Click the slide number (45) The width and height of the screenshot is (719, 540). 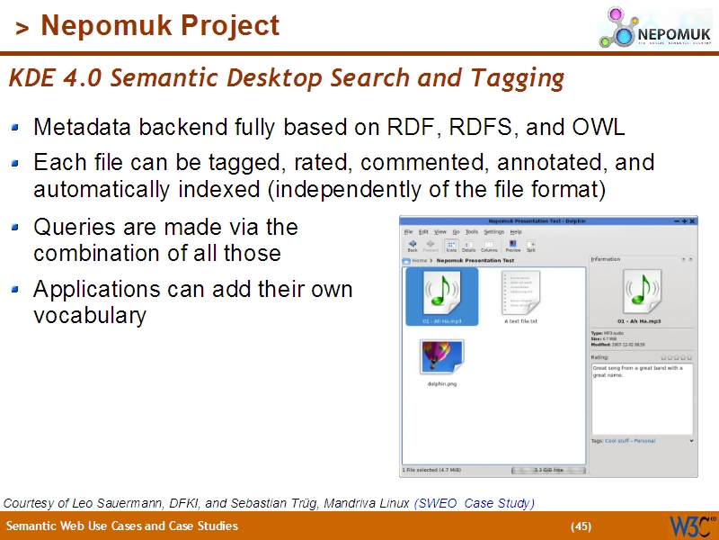pos(581,526)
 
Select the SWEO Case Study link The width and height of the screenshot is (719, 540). pos(475,503)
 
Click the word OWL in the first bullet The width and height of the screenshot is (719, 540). pos(598,127)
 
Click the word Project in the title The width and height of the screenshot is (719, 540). pos(229,26)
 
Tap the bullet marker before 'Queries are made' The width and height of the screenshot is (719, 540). pos(15,228)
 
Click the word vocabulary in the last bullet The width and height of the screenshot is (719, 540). pos(90,316)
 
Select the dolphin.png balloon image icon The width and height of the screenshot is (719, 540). pos(441,356)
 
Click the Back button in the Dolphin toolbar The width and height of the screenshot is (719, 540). pos(413,245)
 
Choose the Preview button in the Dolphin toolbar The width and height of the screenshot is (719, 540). pos(512,245)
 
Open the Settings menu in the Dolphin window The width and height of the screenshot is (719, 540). pos(494,231)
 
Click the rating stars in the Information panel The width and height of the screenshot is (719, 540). pos(676,357)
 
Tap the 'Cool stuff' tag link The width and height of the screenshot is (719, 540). pos(617,441)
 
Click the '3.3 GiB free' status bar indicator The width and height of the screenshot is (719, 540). pos(548,470)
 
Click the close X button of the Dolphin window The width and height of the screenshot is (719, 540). pos(693,220)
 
